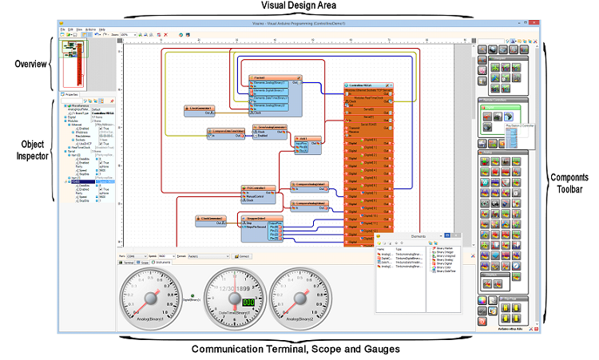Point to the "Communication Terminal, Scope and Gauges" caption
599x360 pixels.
click(296, 349)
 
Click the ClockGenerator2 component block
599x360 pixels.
click(209, 218)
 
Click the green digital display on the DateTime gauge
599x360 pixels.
click(248, 302)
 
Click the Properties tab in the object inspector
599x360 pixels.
click(73, 94)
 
